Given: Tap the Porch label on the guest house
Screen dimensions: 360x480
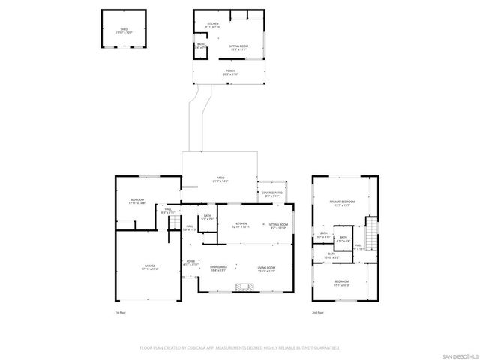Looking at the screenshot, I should [x=229, y=73].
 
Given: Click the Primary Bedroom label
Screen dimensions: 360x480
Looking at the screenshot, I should [x=340, y=203].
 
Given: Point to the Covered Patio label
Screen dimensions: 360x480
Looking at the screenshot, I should [x=272, y=194].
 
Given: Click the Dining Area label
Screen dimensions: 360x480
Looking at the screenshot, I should [x=219, y=268].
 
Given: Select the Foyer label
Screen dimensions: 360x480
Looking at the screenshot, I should [x=191, y=262].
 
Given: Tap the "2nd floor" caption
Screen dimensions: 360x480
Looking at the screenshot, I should [x=319, y=312].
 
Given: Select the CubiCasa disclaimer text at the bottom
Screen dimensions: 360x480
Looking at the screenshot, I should [x=239, y=348].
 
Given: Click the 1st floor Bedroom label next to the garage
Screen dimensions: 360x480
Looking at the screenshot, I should [x=136, y=202].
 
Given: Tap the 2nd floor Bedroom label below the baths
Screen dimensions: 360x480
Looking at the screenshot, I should [x=340, y=283].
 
